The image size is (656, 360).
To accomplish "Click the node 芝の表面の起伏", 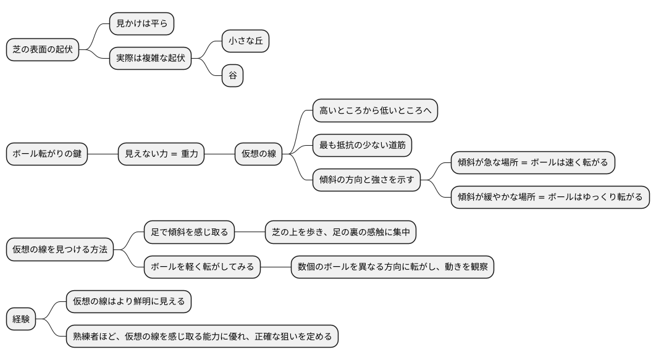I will [43, 50].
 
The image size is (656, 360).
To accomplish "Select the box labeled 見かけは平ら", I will [141, 24].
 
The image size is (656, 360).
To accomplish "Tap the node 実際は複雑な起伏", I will [150, 59].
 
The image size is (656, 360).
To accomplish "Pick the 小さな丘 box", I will [245, 41].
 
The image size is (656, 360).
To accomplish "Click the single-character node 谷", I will [232, 76].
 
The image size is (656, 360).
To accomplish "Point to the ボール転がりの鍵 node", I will [47, 154].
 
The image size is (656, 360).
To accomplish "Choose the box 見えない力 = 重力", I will [161, 154].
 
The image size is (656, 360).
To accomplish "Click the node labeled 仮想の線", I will [258, 154].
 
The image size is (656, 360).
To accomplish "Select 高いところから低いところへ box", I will [375, 111].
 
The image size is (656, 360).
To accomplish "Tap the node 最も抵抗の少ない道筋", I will [362, 145].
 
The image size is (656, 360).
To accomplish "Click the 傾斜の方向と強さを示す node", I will [366, 180].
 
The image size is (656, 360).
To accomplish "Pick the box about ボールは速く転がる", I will [532, 162].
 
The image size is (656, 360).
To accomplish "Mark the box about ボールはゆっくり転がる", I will [550, 197].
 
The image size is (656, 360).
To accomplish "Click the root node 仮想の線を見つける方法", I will [60, 249].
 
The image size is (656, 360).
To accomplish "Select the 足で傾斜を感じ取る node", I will [189, 232].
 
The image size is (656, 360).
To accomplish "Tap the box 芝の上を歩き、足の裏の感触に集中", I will [341, 232].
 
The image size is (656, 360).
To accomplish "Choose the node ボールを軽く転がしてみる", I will [202, 267].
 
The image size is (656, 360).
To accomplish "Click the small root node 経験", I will [21, 319].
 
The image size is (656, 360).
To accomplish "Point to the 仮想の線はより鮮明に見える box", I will [128, 302].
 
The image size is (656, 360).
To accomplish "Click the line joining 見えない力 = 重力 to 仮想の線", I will [219, 154].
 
